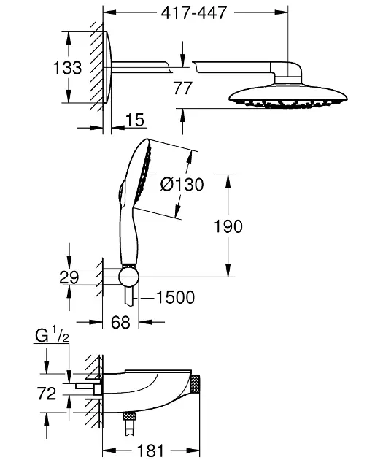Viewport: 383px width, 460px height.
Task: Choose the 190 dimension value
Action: pos(228,226)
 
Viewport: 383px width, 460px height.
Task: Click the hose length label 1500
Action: pos(175,296)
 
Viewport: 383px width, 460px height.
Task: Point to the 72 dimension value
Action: pos(47,394)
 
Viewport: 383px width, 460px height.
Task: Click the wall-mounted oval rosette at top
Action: pos(107,69)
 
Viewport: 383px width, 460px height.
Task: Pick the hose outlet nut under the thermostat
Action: pos(130,418)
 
